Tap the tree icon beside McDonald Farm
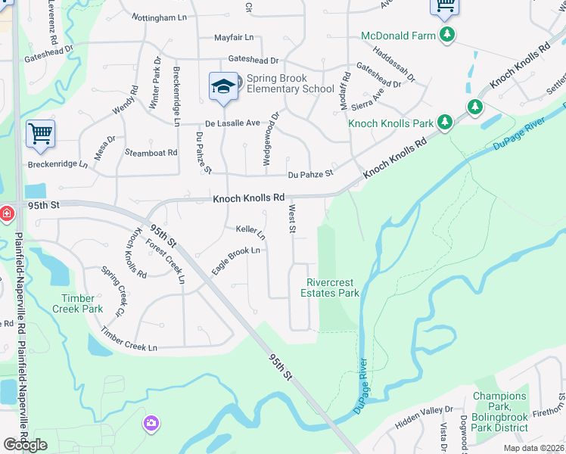pyautogui.click(x=448, y=35)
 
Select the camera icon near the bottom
pyautogui.click(x=151, y=423)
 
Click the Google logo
pyautogui.click(x=25, y=445)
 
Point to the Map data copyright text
pyautogui.click(x=534, y=447)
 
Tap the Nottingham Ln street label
pyautogui.click(x=159, y=17)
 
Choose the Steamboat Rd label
pyautogui.click(x=151, y=152)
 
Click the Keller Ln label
pyautogui.click(x=250, y=229)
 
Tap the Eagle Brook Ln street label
pyautogui.click(x=235, y=260)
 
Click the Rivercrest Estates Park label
pyautogui.click(x=330, y=288)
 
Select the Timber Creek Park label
pyautogui.click(x=78, y=303)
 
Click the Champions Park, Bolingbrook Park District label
pyautogui.click(x=499, y=412)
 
